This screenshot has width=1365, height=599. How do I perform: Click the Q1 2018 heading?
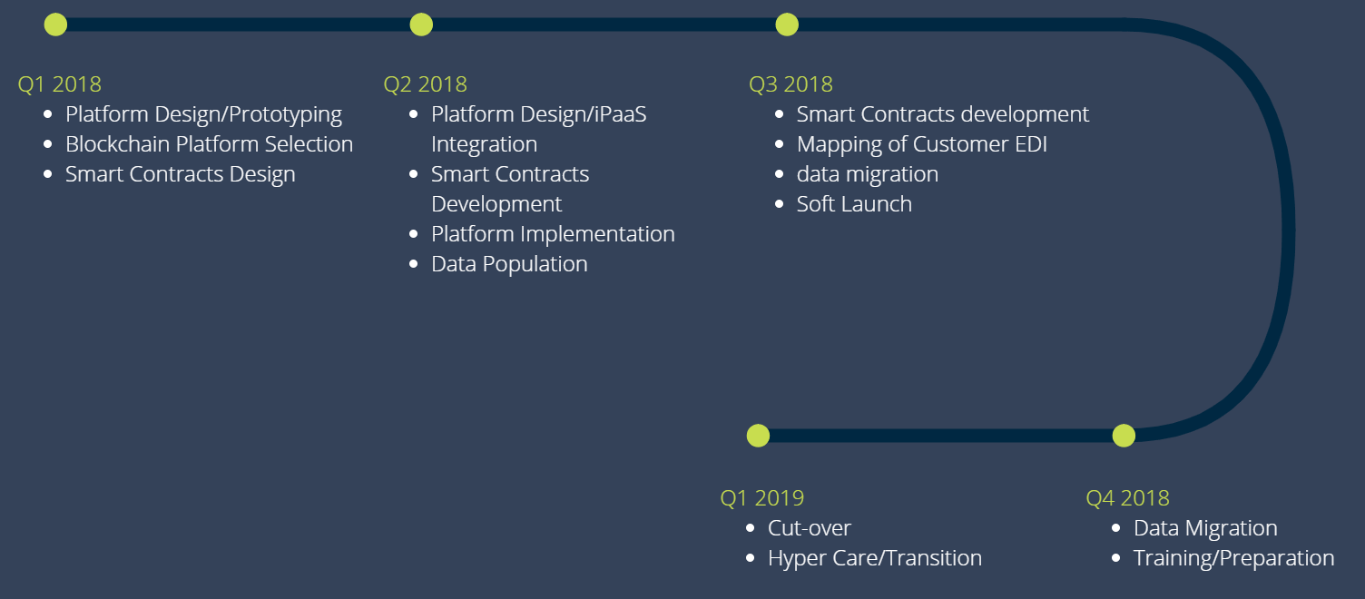60,84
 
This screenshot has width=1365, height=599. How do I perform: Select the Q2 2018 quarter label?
426,84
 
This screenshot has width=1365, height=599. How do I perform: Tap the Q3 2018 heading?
791,84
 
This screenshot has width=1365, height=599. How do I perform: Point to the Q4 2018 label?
1128,498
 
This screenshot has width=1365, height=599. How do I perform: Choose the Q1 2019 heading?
762,498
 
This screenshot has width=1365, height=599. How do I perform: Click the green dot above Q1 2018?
55,25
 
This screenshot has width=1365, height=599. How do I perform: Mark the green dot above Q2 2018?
421,25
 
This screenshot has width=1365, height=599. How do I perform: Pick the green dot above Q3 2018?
787,25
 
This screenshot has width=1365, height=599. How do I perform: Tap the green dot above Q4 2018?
1124,436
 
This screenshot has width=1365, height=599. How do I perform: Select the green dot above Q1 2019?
758,436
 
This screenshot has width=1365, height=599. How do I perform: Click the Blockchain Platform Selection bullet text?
209,144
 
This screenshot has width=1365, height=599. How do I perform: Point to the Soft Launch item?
854,204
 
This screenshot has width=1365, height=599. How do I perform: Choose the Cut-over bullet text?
810,528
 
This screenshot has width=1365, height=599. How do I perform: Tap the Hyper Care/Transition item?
875,558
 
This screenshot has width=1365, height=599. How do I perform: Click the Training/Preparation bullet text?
1234,558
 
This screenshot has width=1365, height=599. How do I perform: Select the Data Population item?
509,264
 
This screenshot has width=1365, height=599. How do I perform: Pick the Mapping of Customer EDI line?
922,144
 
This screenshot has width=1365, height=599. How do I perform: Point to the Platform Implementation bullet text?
554,234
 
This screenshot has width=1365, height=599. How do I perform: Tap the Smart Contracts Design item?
181,174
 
